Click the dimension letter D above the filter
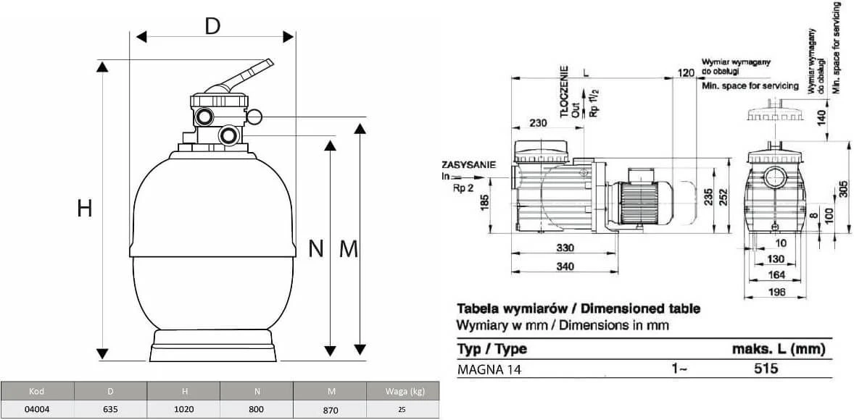click(212, 25)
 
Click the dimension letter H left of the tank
click(84, 209)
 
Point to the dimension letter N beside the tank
click(316, 248)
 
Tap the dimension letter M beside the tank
click(349, 248)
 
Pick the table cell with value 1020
click(183, 409)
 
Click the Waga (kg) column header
click(402, 390)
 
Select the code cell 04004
click(38, 409)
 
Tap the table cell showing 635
click(111, 409)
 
